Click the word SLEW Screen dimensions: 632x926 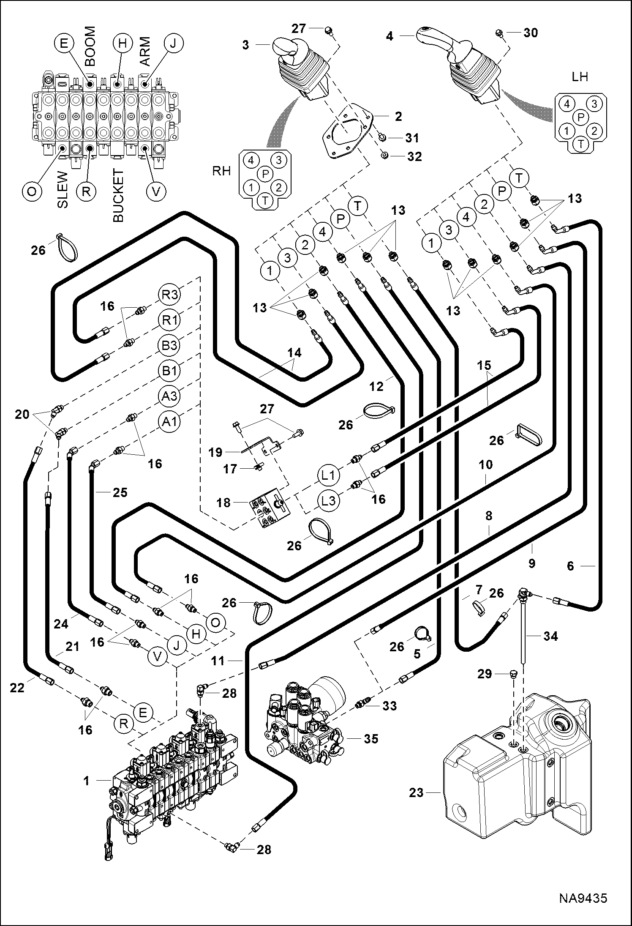click(62, 189)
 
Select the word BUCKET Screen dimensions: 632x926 click(119, 196)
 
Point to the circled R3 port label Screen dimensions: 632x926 click(169, 295)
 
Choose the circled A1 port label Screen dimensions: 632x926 click(169, 421)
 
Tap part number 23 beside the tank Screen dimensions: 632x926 click(416, 792)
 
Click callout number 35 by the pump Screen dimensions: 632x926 click(371, 738)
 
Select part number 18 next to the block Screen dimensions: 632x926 click(223, 503)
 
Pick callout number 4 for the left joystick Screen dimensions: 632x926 click(390, 37)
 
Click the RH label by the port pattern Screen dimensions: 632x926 click(221, 171)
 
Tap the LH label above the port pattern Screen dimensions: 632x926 click(580, 77)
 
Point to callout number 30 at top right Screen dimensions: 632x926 click(531, 33)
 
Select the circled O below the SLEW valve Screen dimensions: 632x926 click(32, 191)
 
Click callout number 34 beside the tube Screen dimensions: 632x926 click(550, 636)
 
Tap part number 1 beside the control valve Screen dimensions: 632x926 click(87, 781)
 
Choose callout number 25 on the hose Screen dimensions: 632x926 click(120, 492)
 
